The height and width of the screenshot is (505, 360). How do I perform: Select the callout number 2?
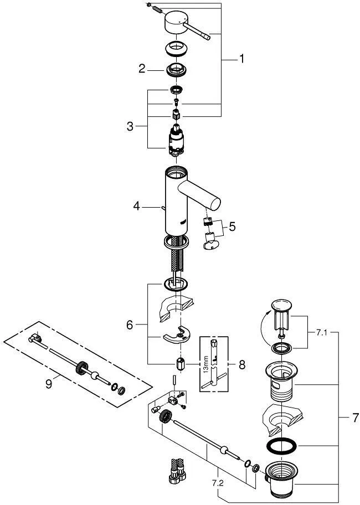tap(142, 69)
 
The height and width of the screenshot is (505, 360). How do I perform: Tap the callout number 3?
tap(130, 126)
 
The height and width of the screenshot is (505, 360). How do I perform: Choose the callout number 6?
tap(129, 325)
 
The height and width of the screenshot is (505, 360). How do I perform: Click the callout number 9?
tap(49, 384)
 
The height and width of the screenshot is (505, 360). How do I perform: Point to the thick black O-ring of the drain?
tap(280, 446)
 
